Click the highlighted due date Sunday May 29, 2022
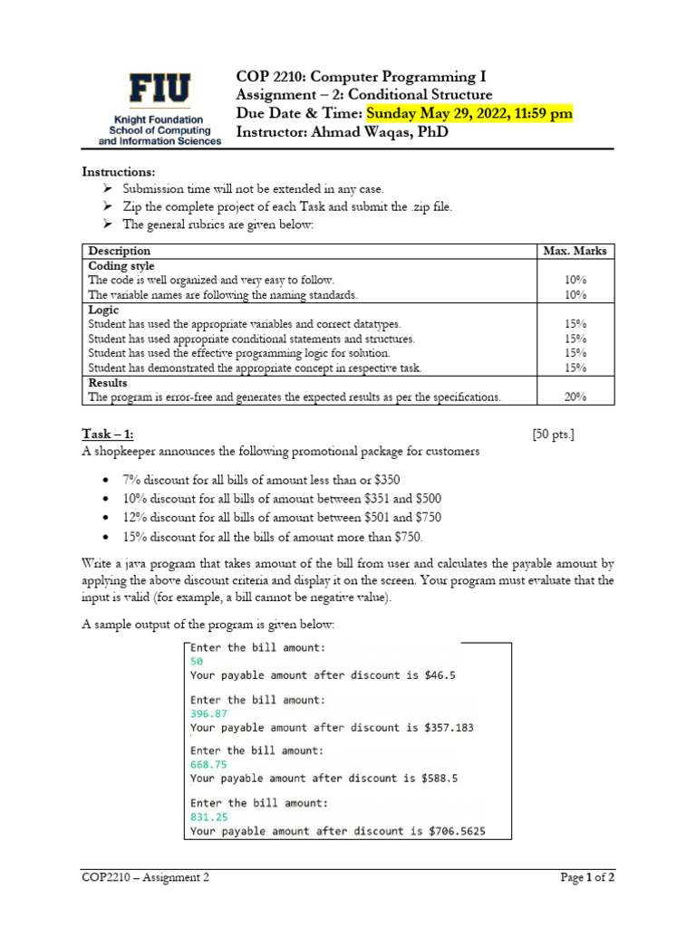pos(469,113)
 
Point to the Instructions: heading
pos(119,172)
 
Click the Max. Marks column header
pos(575,251)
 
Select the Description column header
pos(120,251)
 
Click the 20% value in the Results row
pos(575,397)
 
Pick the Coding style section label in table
pos(121,265)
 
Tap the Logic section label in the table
pos(103,309)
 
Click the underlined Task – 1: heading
pos(113,435)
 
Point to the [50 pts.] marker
pos(553,435)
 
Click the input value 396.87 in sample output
pos(209,713)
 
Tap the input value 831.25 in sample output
pos(209,817)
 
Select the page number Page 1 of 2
pos(586,877)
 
